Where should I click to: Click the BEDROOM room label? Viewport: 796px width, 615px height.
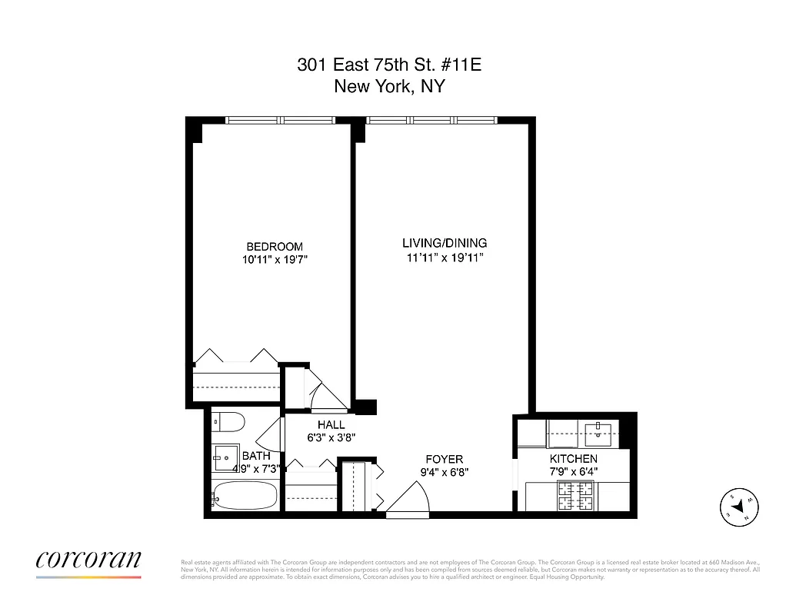coord(274,246)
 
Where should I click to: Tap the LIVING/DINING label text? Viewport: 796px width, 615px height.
coord(445,243)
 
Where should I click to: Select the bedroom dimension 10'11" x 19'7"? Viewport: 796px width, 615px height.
coord(275,260)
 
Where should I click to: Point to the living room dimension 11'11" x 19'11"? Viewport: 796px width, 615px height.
coord(445,258)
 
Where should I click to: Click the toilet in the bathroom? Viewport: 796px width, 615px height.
coord(229,421)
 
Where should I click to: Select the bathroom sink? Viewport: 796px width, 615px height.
coord(225,457)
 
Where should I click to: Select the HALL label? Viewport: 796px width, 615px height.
coord(331,424)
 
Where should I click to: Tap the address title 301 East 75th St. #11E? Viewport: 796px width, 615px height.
coord(389,65)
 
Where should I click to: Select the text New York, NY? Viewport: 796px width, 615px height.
coord(389,86)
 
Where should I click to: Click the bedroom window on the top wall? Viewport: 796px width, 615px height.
coord(281,120)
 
